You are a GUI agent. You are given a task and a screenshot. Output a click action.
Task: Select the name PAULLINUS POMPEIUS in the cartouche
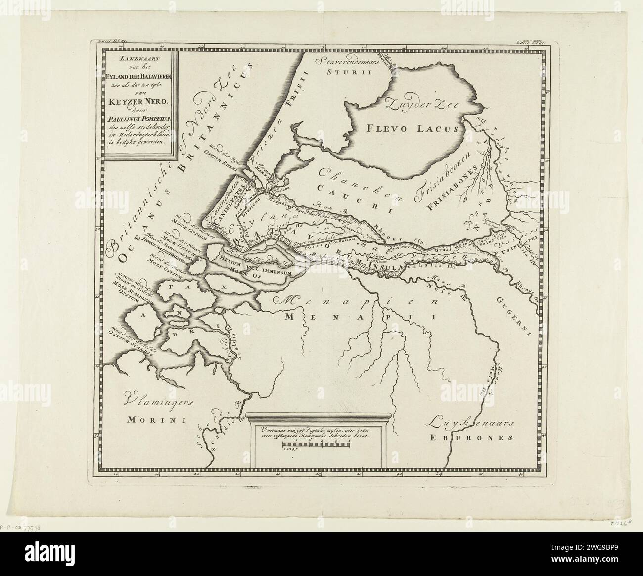coord(137,117)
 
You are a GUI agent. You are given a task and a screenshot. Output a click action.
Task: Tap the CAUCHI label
coord(352,187)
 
